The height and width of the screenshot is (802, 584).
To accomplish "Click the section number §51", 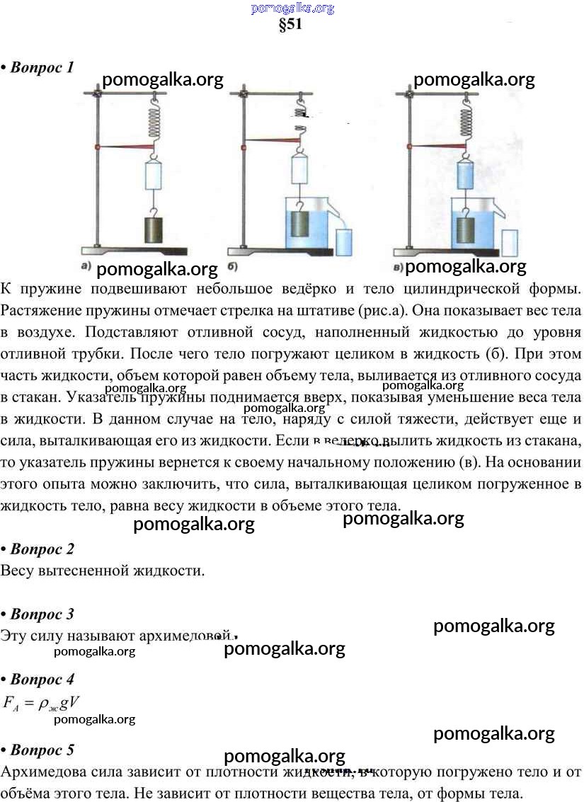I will (x=291, y=25).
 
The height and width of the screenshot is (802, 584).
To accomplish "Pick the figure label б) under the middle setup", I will (x=232, y=267).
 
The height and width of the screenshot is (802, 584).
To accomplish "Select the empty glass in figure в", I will (x=510, y=242).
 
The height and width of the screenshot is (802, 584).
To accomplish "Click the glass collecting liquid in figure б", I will (x=345, y=241).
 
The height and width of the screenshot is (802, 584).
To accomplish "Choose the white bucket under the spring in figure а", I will (x=154, y=174).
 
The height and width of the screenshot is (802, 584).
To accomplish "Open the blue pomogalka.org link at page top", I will (x=292, y=8).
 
